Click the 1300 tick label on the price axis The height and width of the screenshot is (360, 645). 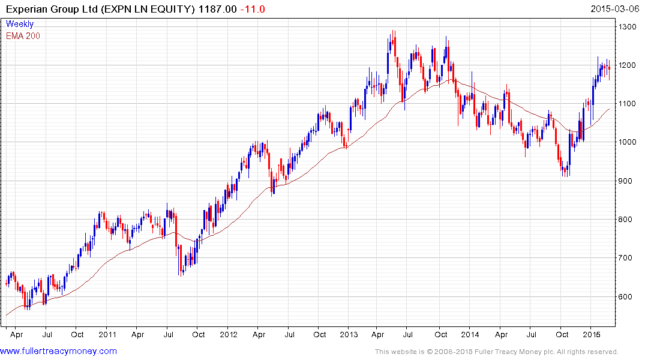630,27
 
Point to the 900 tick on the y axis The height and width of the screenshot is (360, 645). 628,181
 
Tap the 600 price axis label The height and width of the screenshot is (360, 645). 628,297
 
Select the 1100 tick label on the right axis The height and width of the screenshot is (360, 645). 630,104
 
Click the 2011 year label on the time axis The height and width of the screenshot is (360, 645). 107,334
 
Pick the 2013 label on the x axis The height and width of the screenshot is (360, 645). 349,334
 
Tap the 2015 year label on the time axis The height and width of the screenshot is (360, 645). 592,334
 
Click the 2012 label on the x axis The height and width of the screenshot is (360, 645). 229,334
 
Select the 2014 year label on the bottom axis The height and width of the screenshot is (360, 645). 470,334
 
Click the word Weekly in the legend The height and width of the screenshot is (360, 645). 20,24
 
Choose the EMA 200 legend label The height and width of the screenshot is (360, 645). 23,35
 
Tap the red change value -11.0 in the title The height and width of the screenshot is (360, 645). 252,9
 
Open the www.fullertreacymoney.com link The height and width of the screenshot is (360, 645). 59,351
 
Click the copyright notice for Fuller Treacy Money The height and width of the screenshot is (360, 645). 496,352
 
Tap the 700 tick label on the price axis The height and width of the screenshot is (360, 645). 628,259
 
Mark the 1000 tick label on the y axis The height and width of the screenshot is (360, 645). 630,143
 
